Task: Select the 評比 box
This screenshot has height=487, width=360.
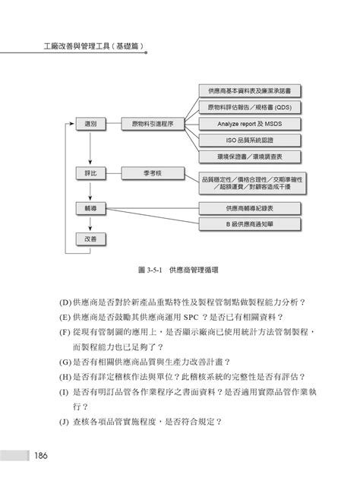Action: point(90,173)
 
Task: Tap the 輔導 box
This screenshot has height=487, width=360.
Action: point(90,207)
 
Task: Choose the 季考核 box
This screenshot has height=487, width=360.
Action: point(152,173)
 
